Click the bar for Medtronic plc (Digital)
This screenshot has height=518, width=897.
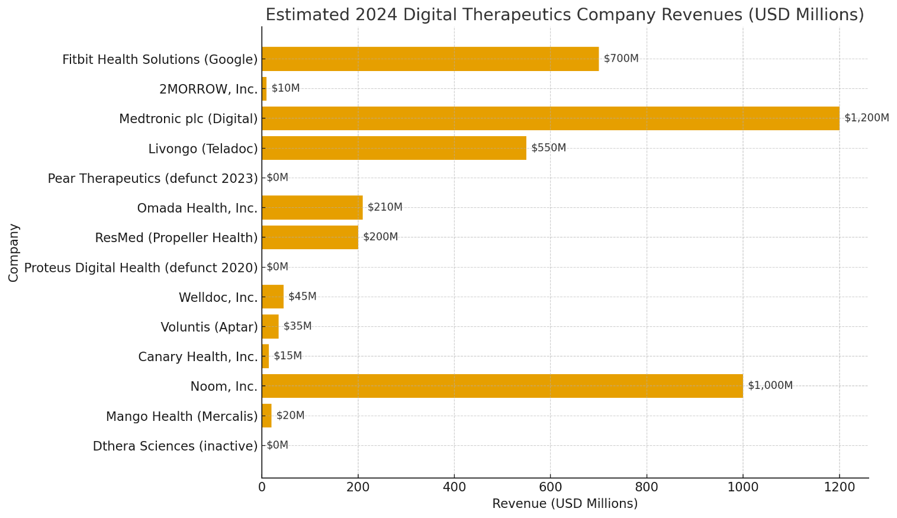click(551, 118)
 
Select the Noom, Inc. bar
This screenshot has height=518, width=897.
click(502, 386)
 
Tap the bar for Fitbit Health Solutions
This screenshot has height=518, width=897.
click(430, 59)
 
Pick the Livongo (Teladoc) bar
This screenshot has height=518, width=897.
click(394, 148)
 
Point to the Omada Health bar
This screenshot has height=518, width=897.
click(312, 208)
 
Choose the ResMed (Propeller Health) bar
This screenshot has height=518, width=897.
click(310, 237)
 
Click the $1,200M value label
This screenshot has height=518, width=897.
click(866, 118)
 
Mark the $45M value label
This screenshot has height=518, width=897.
click(302, 297)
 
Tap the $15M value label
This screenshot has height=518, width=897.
click(288, 356)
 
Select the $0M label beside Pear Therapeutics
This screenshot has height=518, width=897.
click(277, 178)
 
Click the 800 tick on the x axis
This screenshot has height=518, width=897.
click(647, 487)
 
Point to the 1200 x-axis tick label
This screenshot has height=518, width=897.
click(839, 487)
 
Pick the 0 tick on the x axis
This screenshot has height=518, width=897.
click(262, 487)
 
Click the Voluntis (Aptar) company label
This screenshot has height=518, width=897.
click(209, 327)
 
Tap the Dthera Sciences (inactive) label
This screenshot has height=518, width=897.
click(175, 446)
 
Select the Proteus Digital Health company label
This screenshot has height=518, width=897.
click(141, 268)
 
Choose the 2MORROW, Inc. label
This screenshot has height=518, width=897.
click(208, 89)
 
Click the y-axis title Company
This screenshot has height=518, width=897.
click(14, 252)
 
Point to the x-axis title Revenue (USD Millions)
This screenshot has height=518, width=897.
click(565, 504)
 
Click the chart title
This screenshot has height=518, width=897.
click(564, 15)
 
